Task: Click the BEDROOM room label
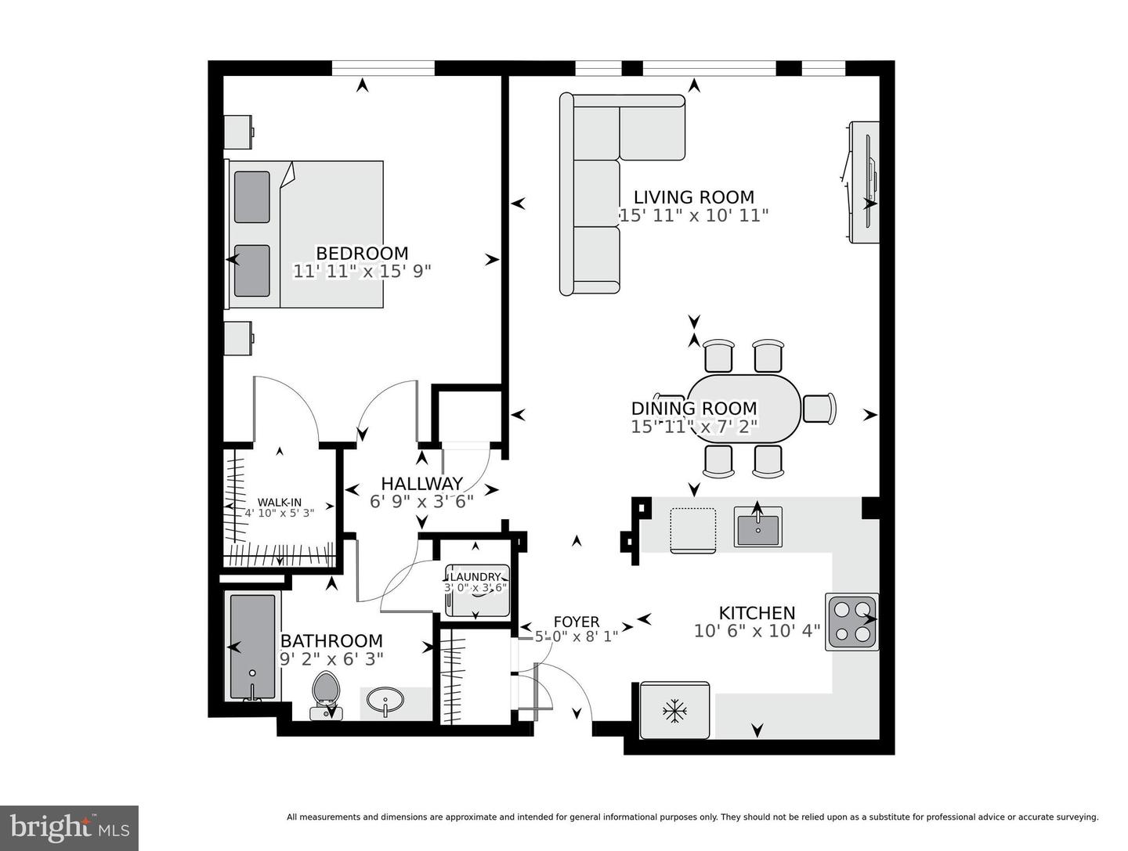point(362,254)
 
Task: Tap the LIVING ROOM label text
point(693,197)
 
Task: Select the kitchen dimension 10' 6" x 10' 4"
point(756,631)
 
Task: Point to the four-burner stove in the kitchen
point(851,622)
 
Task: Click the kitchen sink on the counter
point(757,527)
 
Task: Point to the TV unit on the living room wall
point(864,182)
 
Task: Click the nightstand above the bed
point(238,132)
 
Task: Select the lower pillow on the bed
point(251,271)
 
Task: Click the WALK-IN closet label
point(280,503)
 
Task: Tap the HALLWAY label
point(421,484)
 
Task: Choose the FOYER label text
point(576,622)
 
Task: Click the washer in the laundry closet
point(477,590)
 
